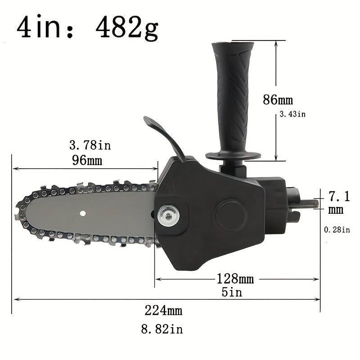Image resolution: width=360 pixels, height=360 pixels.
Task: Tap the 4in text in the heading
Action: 39,27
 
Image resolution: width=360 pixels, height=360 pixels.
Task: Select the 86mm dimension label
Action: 278,99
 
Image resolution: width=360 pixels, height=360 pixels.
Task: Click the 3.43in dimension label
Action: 292,114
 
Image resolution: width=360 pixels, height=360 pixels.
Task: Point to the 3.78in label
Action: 90,145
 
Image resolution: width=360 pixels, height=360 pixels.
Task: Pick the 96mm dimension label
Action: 87,160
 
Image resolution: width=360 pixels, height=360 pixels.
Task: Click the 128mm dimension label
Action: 235,279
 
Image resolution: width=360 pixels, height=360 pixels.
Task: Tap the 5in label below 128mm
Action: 232,292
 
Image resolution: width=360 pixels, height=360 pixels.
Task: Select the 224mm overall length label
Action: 163,310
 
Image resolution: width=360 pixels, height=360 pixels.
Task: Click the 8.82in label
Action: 162,329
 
